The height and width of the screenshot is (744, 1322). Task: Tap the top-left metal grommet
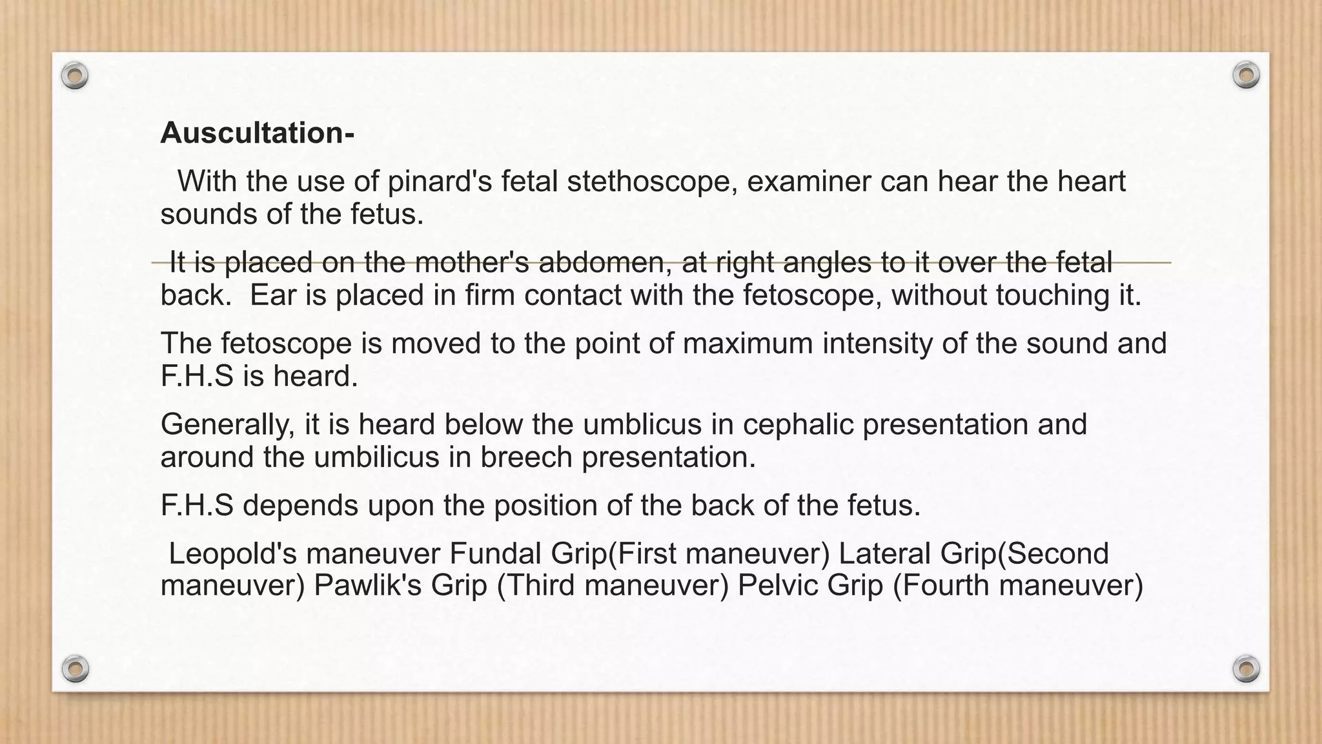(x=75, y=76)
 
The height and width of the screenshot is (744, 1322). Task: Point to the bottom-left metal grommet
(x=75, y=668)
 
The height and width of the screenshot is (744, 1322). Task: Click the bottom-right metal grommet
(x=1246, y=668)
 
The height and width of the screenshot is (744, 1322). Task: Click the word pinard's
(x=440, y=181)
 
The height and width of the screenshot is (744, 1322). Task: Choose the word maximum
(x=747, y=344)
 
